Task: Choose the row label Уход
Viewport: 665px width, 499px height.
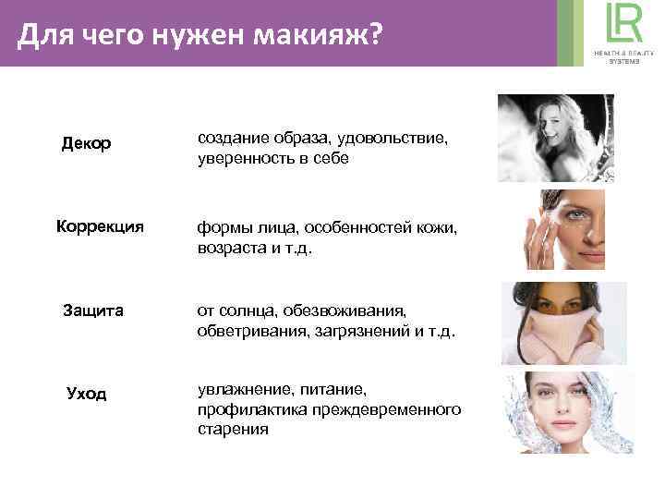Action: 87,394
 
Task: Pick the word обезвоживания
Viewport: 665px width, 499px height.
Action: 359,311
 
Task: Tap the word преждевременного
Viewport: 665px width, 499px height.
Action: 382,409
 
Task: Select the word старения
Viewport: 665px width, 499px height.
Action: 233,429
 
